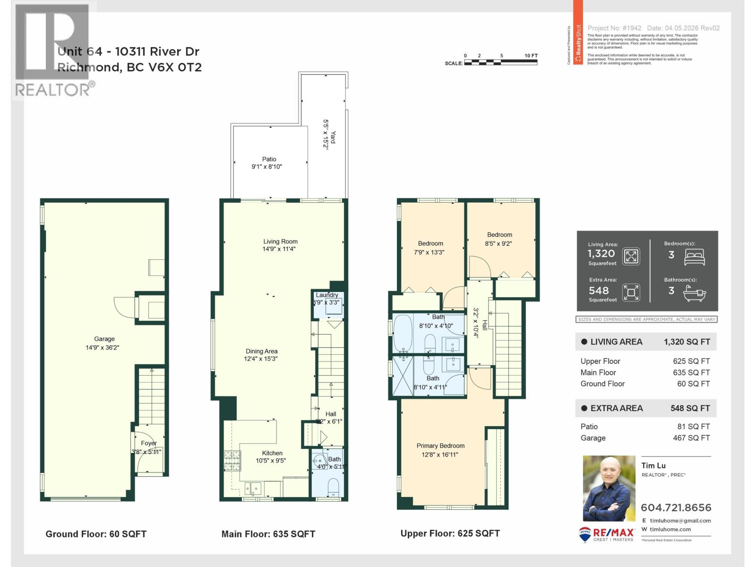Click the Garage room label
104,339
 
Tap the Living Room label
280,241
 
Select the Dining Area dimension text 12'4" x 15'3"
261,359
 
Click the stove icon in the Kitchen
232,457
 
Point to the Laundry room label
327,295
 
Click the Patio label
269,159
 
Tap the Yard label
333,137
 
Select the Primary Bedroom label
440,446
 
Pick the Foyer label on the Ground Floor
148,443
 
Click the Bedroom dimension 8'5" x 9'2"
498,244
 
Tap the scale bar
501,62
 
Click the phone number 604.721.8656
676,507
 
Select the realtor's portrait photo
609,489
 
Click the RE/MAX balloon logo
585,534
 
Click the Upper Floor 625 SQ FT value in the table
691,361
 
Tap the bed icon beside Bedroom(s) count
695,258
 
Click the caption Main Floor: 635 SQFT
268,534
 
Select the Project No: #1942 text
614,28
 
